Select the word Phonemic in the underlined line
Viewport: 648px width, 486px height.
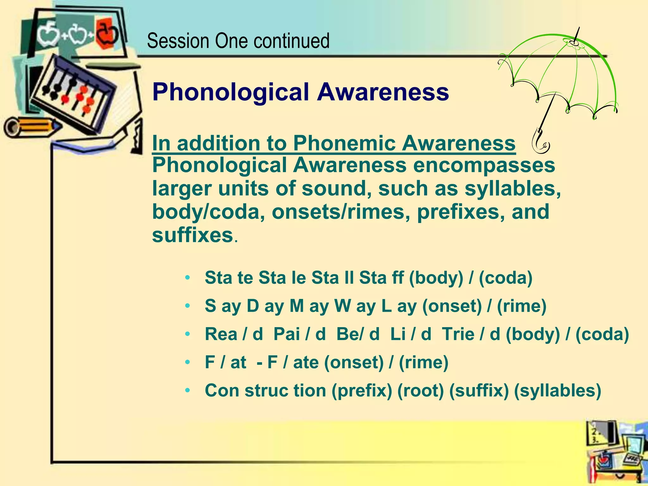coord(344,143)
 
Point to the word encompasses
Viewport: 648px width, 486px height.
coord(484,165)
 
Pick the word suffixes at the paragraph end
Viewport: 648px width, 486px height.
coord(192,235)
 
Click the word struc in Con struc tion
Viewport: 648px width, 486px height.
coord(266,390)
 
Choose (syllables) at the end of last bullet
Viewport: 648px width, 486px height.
coord(557,390)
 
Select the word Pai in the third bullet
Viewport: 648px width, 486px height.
coord(286,334)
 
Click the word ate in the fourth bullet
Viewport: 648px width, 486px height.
coord(306,362)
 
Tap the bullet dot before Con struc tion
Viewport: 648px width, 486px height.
coord(188,391)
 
